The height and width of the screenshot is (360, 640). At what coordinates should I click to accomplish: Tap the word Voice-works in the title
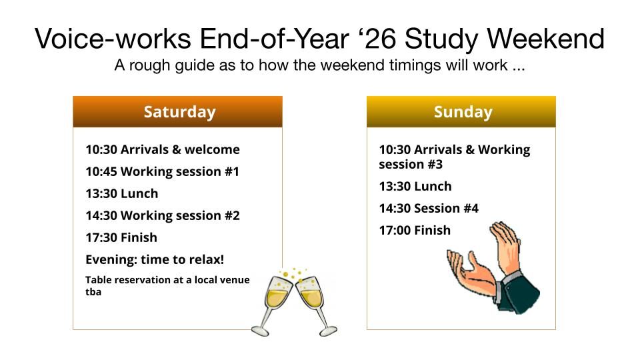(113, 39)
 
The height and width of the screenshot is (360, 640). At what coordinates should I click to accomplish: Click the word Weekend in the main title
(546, 39)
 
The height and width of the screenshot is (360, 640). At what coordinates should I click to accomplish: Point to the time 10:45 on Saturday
(101, 171)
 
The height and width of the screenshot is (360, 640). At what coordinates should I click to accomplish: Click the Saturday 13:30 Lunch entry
(121, 193)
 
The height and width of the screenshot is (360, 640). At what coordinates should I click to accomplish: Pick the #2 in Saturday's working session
(232, 215)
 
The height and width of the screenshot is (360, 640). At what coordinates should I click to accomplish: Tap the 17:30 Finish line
(121, 237)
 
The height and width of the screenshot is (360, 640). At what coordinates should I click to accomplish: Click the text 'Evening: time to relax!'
(155, 259)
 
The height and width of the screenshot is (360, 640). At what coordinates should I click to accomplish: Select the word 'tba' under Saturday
(93, 292)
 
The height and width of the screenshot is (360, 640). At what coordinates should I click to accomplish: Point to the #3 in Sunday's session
(435, 164)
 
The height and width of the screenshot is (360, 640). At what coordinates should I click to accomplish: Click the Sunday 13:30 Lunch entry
(415, 186)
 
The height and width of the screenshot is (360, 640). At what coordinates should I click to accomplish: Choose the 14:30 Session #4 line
(429, 208)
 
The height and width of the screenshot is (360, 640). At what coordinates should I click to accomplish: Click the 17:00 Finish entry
(415, 230)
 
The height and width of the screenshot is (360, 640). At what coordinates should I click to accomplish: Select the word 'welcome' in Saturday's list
(212, 149)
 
